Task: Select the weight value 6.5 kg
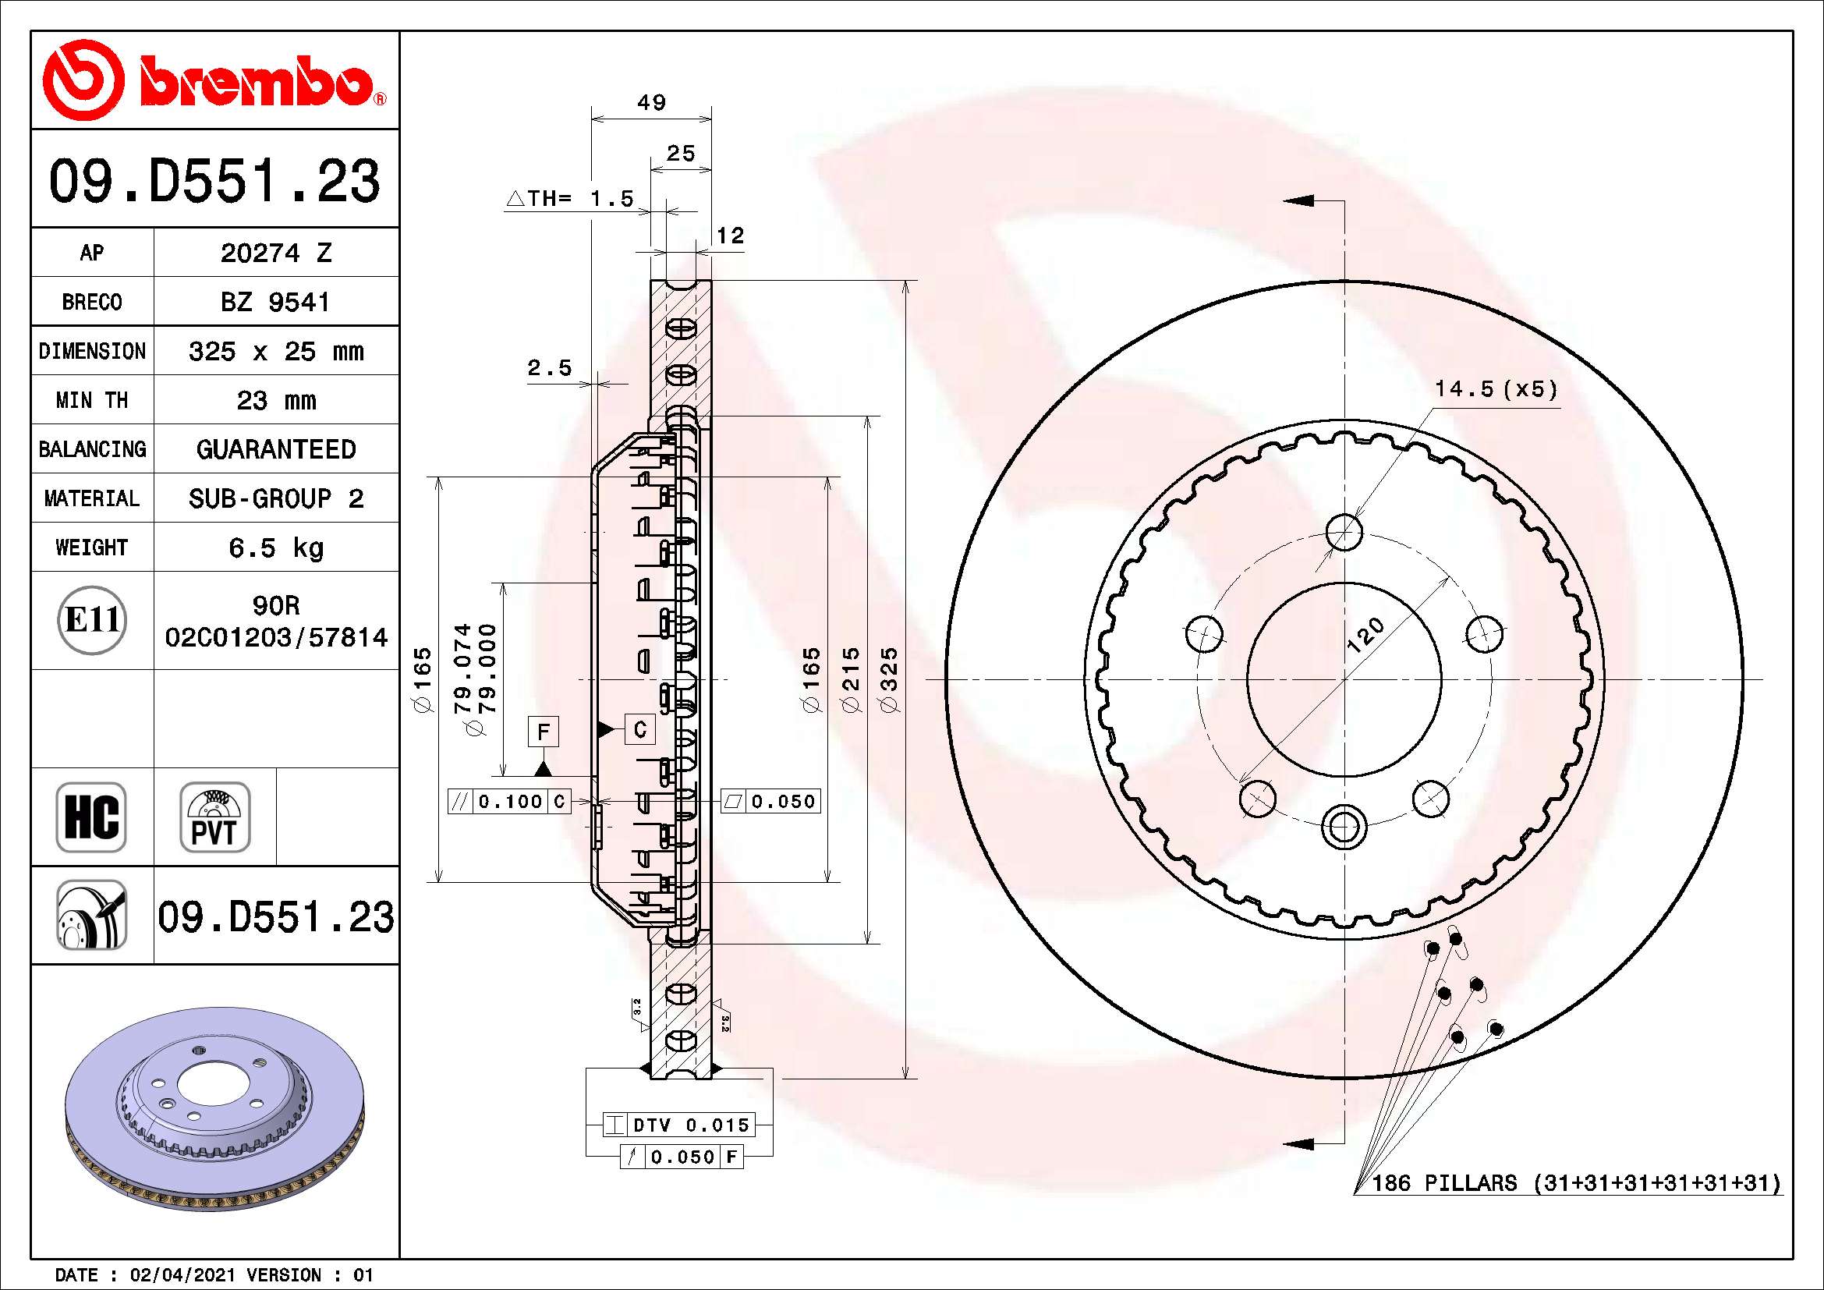pyautogui.click(x=275, y=548)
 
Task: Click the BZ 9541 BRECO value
pyautogui.click(x=274, y=302)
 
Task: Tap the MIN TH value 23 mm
pyautogui.click(x=275, y=400)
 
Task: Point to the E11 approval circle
pyautogui.click(x=92, y=620)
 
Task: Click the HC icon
pyautogui.click(x=91, y=817)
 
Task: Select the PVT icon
pyautogui.click(x=214, y=817)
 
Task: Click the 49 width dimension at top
pyautogui.click(x=651, y=102)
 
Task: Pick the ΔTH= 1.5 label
pyautogui.click(x=570, y=199)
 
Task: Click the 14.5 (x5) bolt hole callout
pyautogui.click(x=1495, y=389)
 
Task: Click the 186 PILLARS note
pyautogui.click(x=1575, y=1184)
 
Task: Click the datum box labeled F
pyautogui.click(x=544, y=732)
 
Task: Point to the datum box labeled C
pyautogui.click(x=640, y=729)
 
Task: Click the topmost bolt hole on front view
pyautogui.click(x=1344, y=531)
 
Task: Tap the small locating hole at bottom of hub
pyautogui.click(x=1344, y=826)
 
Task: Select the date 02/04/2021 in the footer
pyautogui.click(x=182, y=1275)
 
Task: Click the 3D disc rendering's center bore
pyautogui.click(x=202, y=1084)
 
